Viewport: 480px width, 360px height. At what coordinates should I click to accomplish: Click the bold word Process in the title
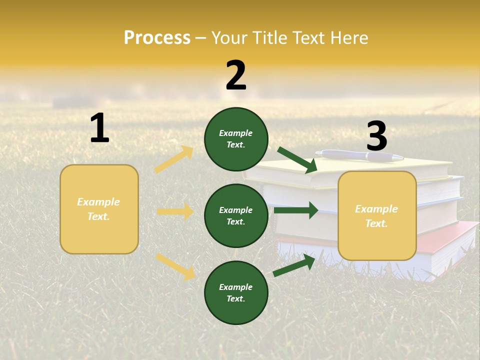[157, 38]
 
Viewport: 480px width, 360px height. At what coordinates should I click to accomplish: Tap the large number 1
[99, 128]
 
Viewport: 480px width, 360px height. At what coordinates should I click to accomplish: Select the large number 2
[236, 75]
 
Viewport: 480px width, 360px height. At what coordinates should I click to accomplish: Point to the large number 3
[376, 136]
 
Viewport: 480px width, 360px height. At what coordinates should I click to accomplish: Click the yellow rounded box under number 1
[99, 209]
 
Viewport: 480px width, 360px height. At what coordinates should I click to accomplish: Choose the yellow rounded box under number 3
[377, 215]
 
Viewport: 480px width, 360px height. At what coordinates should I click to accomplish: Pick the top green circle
[236, 139]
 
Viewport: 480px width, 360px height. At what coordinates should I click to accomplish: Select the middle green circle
[236, 215]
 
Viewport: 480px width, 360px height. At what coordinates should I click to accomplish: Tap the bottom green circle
[236, 292]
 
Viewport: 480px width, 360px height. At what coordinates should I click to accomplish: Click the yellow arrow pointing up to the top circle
[174, 159]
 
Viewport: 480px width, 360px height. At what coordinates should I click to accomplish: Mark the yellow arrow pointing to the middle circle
[175, 211]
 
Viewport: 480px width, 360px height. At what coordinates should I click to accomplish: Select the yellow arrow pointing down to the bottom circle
[175, 266]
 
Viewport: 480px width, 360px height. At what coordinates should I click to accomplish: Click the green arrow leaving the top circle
[297, 160]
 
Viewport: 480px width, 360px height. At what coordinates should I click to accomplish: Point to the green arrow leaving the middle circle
[295, 210]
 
